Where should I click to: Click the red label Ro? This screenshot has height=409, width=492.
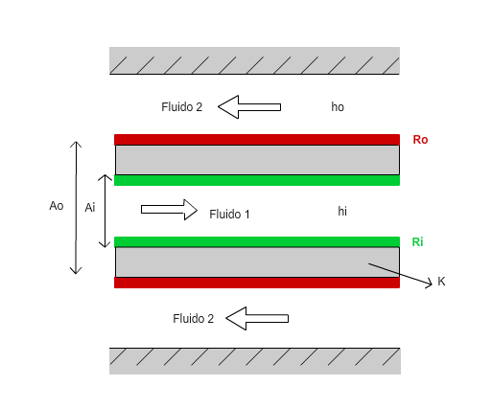pos(420,140)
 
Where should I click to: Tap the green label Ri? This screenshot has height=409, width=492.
pos(417,242)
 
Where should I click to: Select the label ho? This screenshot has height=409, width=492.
pos(338,107)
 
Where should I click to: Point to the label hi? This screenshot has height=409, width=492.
pos(342,211)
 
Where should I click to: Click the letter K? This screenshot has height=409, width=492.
pos(441,282)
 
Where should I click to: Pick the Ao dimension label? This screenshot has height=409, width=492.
pos(57,206)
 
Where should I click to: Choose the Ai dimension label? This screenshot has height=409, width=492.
pos(90,208)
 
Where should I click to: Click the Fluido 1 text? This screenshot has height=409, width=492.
pos(229,215)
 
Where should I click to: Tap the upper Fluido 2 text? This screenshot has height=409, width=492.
pos(182,107)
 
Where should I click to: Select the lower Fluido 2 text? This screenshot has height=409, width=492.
pos(194,319)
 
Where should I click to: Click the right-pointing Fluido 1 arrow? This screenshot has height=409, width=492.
pos(169,210)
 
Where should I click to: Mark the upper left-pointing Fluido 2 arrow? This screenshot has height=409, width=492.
pos(249,107)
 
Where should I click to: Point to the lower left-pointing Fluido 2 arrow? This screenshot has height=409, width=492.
pos(257,318)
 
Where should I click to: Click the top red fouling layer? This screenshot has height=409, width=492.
pos(257,140)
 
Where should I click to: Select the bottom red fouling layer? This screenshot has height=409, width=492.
pos(257,283)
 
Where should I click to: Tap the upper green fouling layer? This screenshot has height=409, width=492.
pos(257,180)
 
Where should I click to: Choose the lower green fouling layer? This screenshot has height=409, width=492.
pos(257,242)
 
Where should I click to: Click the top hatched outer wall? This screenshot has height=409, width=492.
pos(254,60)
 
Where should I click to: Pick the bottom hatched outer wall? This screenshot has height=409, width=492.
pos(255,361)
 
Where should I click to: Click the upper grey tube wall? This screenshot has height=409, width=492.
pos(257,160)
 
